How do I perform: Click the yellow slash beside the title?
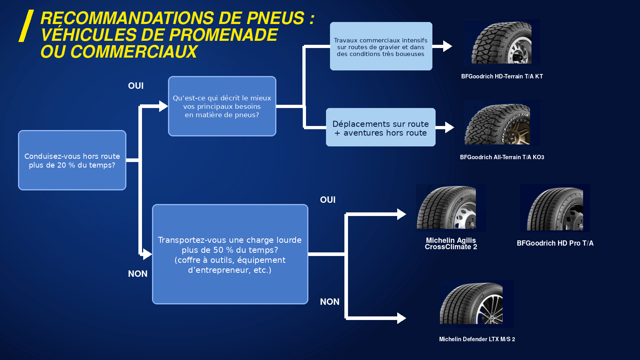[26, 26]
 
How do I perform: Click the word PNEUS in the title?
[276, 18]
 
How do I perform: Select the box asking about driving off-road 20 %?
[72, 160]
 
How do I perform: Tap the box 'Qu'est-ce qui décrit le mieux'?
[222, 106]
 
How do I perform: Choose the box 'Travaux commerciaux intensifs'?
[381, 46]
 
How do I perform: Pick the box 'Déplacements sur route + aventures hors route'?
[380, 127]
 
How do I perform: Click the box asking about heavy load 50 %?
[230, 254]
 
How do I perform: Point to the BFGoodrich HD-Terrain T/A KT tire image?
[502, 42]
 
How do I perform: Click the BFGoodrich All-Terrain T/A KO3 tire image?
[502, 123]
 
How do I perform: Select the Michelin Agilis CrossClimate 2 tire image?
[451, 208]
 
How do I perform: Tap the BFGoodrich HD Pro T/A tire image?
[555, 208]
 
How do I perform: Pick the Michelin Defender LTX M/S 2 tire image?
[477, 304]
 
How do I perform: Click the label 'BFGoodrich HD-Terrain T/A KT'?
[502, 76]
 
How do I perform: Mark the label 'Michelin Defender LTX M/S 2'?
[477, 339]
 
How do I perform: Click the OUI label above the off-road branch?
[136, 86]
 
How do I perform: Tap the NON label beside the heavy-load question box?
[138, 274]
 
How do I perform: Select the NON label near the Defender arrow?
[330, 302]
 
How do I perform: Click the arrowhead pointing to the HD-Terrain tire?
[448, 46]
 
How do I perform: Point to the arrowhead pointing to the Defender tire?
[402, 318]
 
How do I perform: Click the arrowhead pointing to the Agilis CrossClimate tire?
[402, 214]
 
